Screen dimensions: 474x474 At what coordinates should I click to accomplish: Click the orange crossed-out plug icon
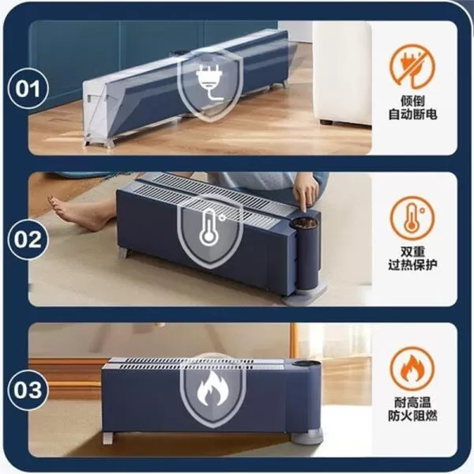point(410,67)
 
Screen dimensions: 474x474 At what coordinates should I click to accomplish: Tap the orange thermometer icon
point(410,216)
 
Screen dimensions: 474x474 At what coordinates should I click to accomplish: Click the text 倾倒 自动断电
point(411,108)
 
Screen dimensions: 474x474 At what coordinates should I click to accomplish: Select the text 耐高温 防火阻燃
point(411,410)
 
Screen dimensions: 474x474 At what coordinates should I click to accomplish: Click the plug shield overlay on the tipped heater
point(208,82)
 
